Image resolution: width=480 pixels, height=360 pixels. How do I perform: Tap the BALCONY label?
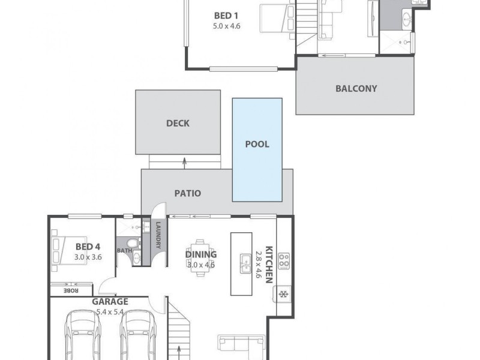coord(356,88)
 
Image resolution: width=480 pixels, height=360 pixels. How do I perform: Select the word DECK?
coord(178,123)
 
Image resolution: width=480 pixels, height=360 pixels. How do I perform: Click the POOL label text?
coord(257,144)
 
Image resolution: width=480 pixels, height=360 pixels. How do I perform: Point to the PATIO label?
coord(187,193)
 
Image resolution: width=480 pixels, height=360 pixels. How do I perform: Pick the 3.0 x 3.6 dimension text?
coord(88,256)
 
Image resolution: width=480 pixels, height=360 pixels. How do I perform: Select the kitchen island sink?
coord(245,261)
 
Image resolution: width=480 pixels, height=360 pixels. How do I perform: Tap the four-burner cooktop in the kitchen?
coord(284,260)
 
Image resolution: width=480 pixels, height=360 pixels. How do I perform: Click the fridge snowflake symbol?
coord(283,295)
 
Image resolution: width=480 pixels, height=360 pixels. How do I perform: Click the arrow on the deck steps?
coord(184,161)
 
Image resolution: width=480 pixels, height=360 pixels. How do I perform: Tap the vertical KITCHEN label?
coord(269,264)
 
